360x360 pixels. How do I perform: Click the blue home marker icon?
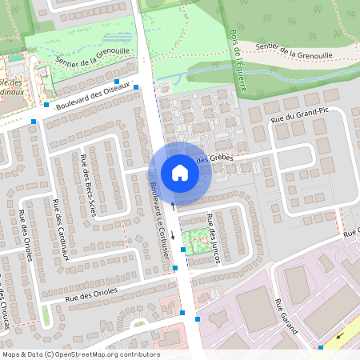pyautogui.click(x=179, y=172)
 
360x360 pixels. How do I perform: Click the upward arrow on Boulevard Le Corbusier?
pyautogui.click(x=173, y=206)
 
